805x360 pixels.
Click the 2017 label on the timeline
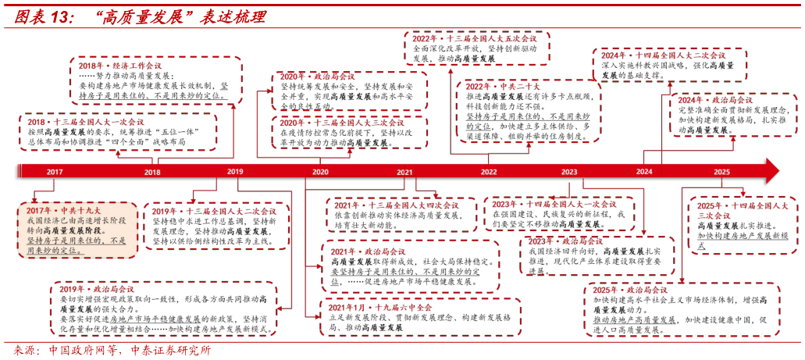pos(55,172)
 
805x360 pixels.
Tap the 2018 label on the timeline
pos(152,173)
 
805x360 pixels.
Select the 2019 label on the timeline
pos(235,171)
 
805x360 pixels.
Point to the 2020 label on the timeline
pos(320,172)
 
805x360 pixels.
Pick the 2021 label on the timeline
pos(404,172)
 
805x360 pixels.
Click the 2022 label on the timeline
pos(489,172)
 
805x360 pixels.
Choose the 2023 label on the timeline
pos(569,172)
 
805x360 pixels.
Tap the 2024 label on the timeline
pos(644,172)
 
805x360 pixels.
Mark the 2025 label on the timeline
pos(721,172)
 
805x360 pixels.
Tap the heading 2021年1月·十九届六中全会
pos(380,308)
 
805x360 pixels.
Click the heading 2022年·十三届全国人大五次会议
pos(474,38)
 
